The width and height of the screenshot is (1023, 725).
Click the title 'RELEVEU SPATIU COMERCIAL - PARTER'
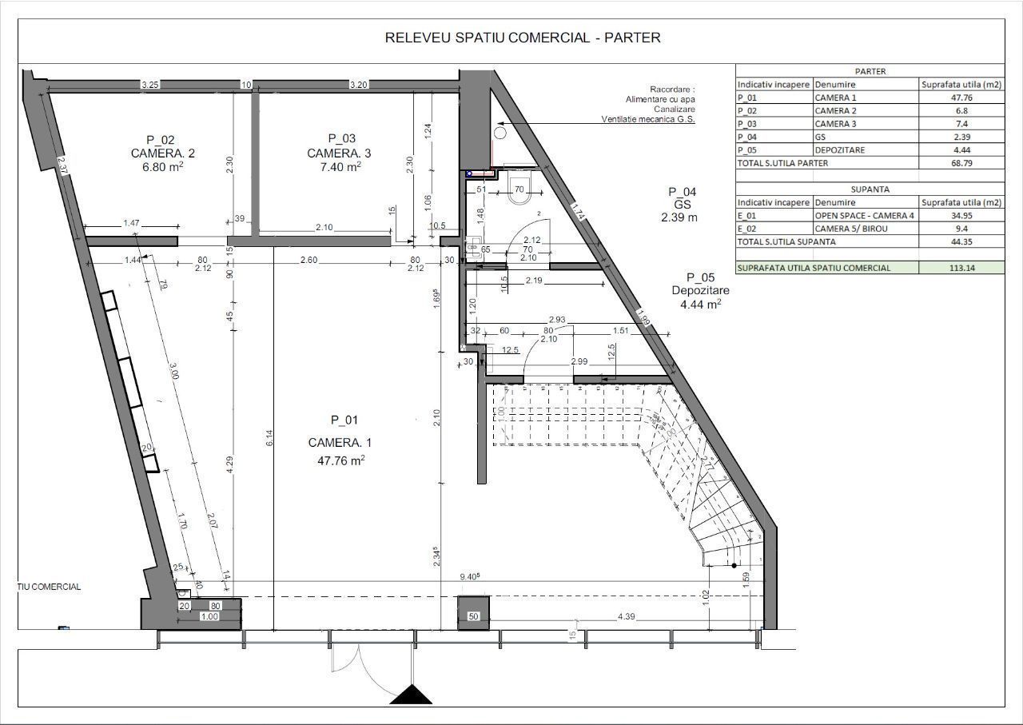523,38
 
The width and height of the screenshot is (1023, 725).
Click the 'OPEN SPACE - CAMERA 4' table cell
866,216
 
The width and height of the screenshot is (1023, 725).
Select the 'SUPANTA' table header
870,189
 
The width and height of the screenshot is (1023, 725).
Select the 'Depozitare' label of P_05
700,290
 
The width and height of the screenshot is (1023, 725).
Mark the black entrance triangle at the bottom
411,695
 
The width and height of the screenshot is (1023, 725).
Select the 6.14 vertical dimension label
269,437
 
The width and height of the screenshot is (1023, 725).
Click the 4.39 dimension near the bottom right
627,617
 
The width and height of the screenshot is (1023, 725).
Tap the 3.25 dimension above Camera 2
149,84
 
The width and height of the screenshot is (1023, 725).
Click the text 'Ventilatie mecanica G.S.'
648,119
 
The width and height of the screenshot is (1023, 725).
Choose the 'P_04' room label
682,192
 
